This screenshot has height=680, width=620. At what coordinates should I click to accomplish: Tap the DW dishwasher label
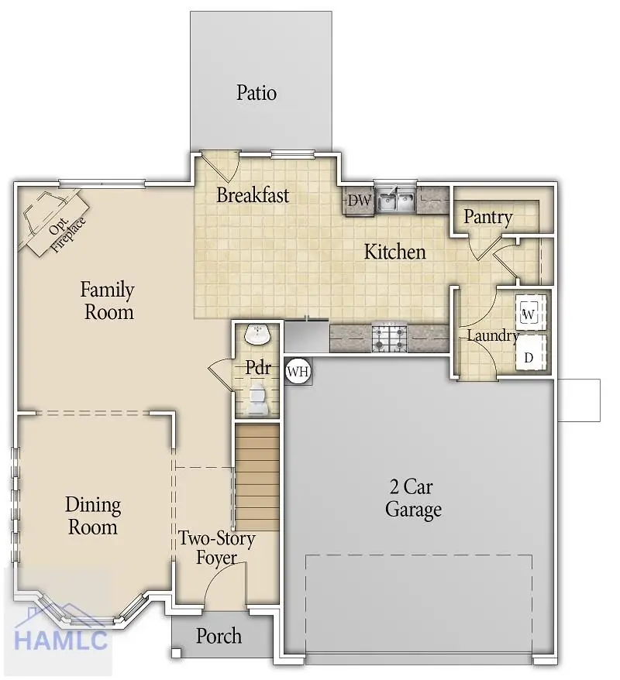[359, 201]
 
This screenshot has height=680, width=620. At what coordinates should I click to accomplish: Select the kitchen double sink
[395, 201]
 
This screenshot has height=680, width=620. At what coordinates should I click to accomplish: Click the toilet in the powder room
[257, 400]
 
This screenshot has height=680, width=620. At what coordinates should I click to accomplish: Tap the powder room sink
[257, 335]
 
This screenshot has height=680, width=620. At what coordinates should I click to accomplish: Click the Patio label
[257, 94]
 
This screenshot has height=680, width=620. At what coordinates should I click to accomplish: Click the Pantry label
[487, 218]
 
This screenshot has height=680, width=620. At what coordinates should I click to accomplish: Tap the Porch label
[219, 637]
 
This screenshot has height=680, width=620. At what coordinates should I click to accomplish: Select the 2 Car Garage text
[413, 499]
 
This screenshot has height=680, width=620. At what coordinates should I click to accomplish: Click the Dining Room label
[91, 517]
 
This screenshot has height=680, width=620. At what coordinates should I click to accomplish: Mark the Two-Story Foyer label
[216, 548]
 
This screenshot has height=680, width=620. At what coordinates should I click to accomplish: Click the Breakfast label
[253, 195]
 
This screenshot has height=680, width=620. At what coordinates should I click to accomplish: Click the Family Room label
[108, 301]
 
